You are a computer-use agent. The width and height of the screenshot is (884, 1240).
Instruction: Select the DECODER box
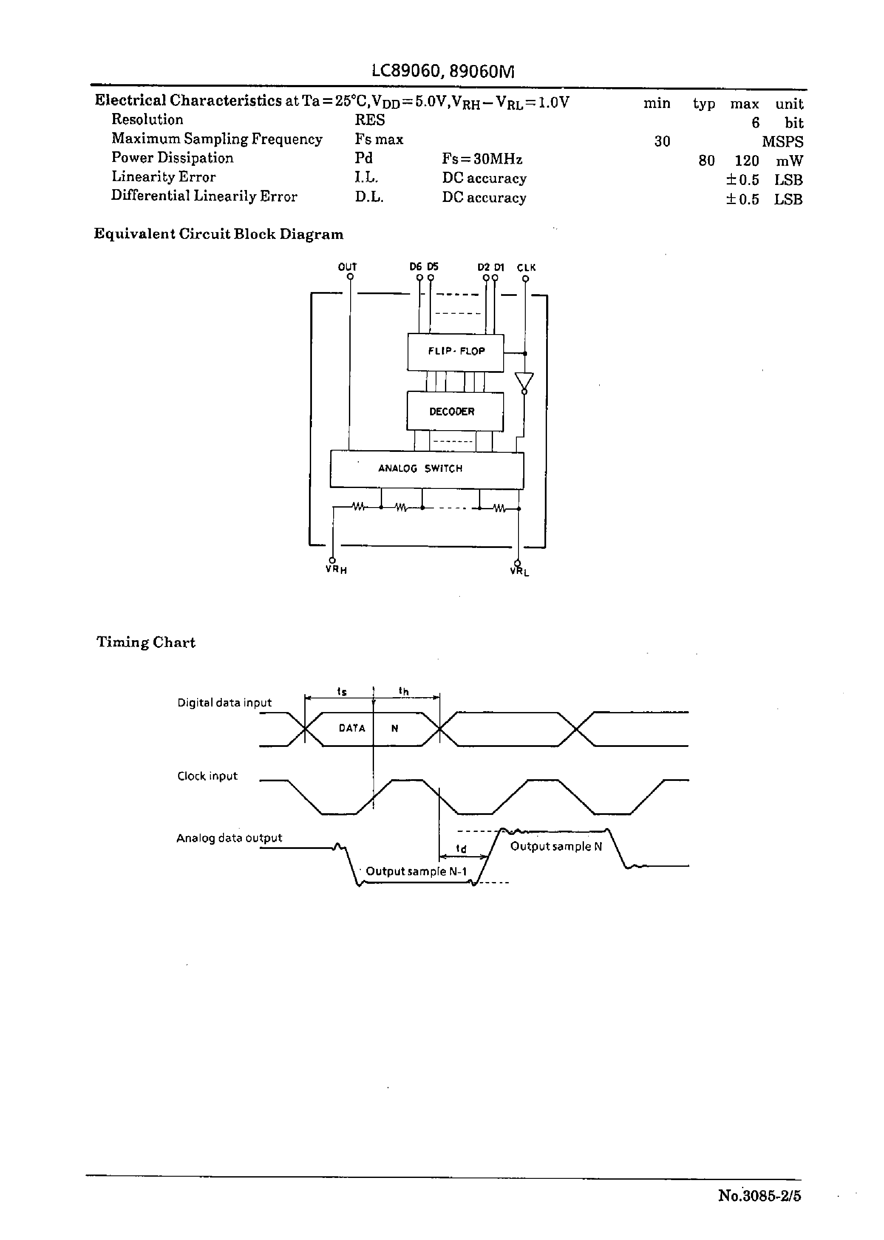(x=454, y=411)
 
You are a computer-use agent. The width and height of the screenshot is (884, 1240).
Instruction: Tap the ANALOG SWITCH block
(x=426, y=469)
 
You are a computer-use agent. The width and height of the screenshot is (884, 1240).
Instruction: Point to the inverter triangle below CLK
(x=524, y=380)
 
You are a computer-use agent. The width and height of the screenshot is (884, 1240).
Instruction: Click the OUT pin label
(x=347, y=267)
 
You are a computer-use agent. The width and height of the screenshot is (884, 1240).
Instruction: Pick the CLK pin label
(x=527, y=267)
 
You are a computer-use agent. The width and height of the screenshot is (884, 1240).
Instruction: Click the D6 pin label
(x=415, y=267)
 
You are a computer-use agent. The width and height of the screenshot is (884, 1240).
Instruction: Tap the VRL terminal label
(x=519, y=571)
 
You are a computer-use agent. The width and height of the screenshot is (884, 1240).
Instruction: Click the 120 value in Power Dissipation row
(x=746, y=161)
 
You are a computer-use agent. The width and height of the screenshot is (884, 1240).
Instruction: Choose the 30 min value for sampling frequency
(x=662, y=142)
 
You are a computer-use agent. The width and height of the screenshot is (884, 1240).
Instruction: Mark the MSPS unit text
(x=782, y=142)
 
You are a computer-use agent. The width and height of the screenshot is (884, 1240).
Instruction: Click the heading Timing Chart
(x=146, y=642)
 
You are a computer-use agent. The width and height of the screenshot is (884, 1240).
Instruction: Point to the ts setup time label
(x=342, y=691)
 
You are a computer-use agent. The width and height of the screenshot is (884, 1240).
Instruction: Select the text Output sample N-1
(x=416, y=871)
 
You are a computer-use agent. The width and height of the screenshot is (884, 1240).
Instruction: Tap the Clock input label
(x=207, y=776)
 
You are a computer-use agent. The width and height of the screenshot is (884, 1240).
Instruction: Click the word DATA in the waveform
(x=351, y=728)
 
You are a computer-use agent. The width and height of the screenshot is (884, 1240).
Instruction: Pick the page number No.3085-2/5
(x=759, y=1195)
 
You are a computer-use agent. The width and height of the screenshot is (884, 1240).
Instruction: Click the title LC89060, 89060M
(x=442, y=71)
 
